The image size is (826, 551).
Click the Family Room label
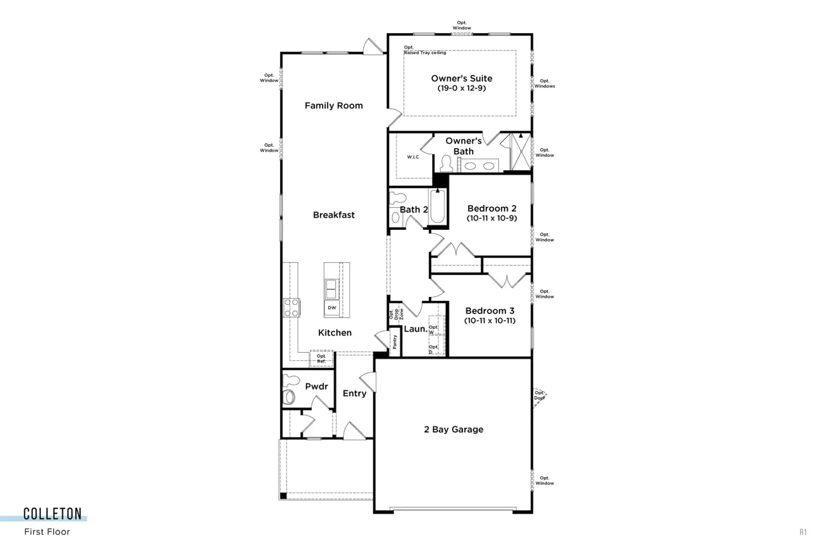tap(333, 106)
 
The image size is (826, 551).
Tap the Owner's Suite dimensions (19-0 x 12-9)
tap(462, 88)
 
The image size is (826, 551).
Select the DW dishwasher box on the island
tap(332, 308)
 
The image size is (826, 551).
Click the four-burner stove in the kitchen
tap(292, 308)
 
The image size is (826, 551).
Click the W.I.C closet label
tap(413, 157)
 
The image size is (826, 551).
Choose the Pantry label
tap(395, 342)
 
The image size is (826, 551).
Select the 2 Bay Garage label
tap(454, 429)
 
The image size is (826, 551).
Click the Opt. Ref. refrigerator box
tap(322, 358)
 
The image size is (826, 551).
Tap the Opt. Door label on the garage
tap(539, 396)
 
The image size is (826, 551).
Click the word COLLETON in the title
tap(52, 514)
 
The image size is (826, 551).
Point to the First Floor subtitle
tap(47, 532)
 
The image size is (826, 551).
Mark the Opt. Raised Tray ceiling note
tap(425, 50)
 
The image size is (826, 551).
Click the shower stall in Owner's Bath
tap(521, 152)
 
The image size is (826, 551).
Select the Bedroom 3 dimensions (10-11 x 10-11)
tap(490, 321)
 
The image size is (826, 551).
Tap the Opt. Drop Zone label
tap(396, 314)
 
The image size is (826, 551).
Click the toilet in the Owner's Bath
tap(446, 163)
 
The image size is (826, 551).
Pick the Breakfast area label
tap(333, 215)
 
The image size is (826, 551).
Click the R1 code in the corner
tap(803, 532)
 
